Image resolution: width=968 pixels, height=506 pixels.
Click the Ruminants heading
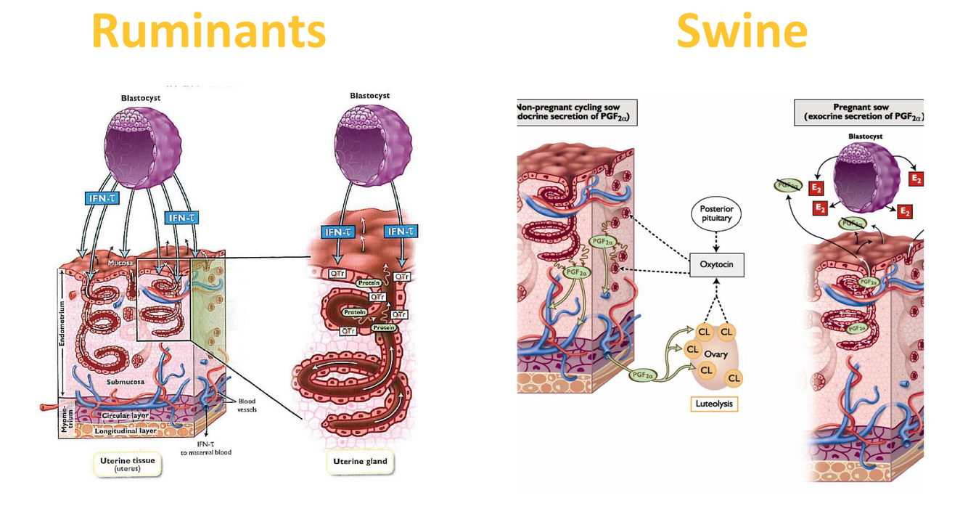(208, 31)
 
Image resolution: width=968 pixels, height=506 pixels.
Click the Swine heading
(741, 31)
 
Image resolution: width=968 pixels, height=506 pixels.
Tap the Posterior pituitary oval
(716, 213)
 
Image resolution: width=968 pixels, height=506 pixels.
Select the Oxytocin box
(716, 264)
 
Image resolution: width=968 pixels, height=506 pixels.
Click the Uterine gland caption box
(360, 462)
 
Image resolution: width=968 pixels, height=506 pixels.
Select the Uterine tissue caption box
(127, 464)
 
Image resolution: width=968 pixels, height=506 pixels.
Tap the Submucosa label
(125, 382)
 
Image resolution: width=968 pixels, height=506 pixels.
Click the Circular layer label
(125, 416)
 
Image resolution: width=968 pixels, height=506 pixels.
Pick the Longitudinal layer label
(126, 430)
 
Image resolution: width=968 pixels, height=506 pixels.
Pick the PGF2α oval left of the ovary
(641, 375)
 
